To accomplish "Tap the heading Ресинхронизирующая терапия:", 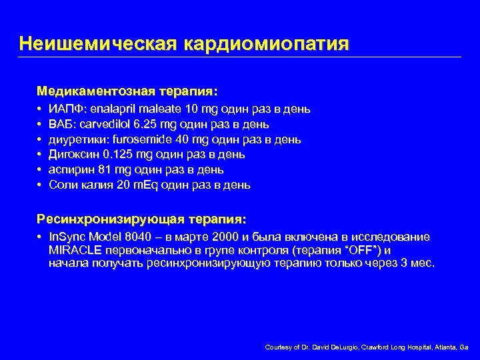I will point(141,219).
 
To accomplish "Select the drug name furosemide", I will point(140,139).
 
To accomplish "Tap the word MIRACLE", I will point(76,250).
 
